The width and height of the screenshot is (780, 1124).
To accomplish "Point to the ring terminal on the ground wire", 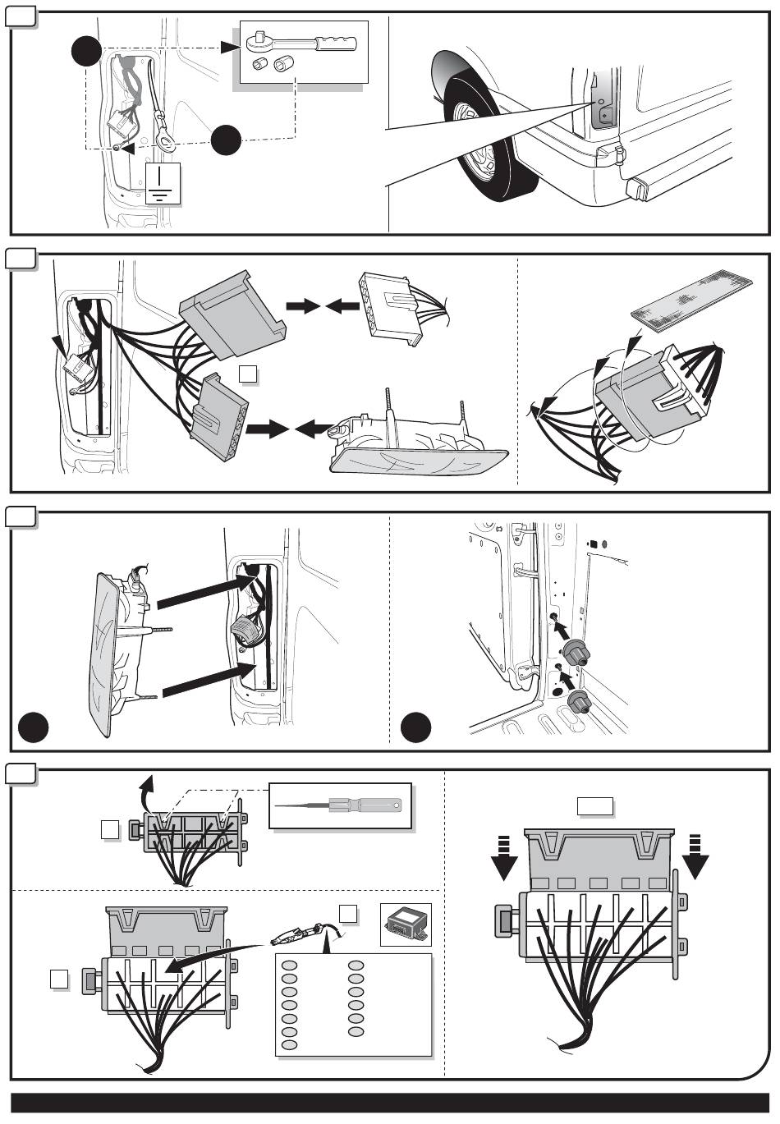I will [167, 144].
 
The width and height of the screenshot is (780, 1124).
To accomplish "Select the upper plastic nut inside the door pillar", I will [576, 652].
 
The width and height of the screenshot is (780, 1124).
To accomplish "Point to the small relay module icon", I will [406, 924].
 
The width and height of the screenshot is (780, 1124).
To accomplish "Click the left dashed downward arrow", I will [503, 856].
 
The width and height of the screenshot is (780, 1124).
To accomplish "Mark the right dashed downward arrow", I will [695, 856].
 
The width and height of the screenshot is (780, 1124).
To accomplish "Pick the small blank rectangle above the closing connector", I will [595, 806].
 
